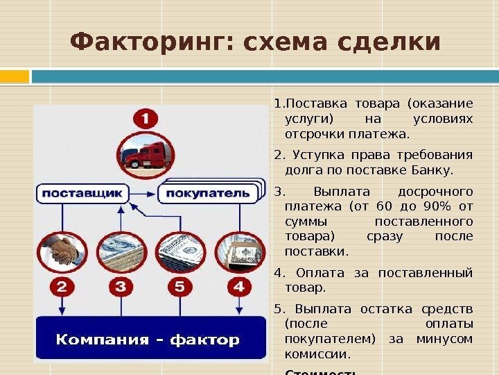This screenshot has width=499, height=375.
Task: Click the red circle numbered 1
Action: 146,119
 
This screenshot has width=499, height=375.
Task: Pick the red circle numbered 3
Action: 121,286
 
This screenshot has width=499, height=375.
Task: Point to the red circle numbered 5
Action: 180,286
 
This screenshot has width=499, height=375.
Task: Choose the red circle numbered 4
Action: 239,286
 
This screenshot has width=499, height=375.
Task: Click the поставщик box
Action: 82,192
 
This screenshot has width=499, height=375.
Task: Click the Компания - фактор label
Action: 148,340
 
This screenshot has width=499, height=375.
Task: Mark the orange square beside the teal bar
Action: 15,76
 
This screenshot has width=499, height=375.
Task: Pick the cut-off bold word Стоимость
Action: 320,371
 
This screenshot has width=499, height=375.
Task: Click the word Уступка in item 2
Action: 320,154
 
